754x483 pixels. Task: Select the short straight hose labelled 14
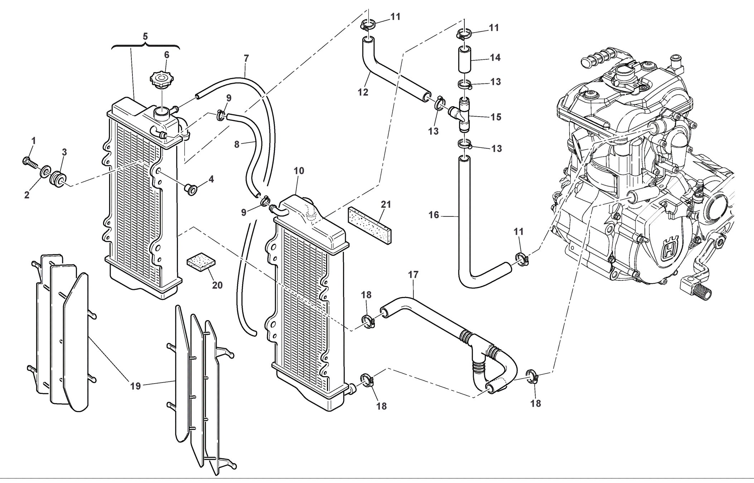(x=464, y=59)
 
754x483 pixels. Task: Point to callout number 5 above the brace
(x=145, y=36)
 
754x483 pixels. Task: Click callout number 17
(x=413, y=275)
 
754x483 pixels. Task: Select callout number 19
(x=135, y=386)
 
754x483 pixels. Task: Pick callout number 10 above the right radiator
(x=299, y=171)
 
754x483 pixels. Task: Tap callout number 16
(x=434, y=215)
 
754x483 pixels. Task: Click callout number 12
(x=363, y=92)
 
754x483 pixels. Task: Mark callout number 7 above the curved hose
(x=246, y=58)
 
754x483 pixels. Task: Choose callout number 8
(x=237, y=145)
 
